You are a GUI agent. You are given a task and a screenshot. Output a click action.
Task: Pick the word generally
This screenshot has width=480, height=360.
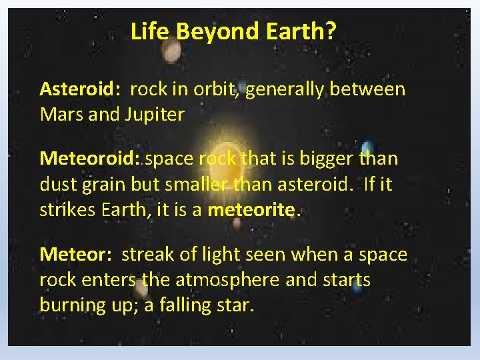point(284,89)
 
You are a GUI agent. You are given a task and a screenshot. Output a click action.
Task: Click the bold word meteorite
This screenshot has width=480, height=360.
point(254,209)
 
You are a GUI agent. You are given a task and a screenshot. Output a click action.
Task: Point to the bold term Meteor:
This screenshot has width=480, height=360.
point(75,255)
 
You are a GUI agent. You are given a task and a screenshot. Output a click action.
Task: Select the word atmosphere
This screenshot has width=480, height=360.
point(221,280)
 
